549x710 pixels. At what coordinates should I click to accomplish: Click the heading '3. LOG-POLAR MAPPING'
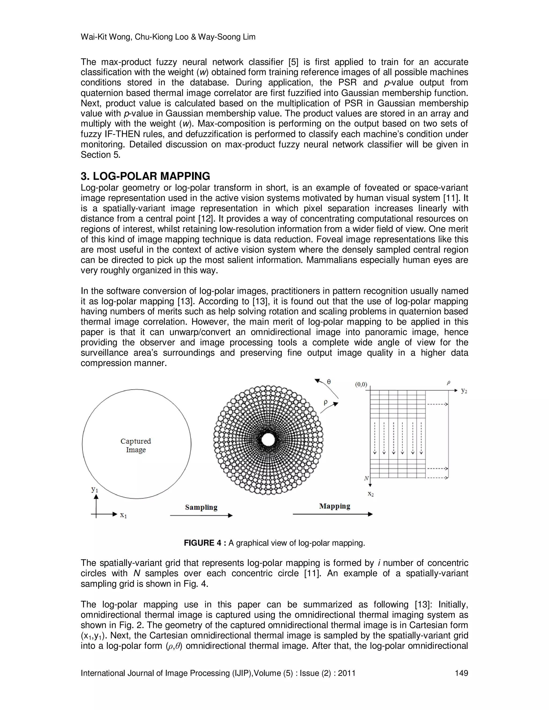coord(145,176)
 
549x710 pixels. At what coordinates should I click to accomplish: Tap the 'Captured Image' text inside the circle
coord(136,445)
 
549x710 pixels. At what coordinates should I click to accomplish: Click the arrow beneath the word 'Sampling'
coord(201,515)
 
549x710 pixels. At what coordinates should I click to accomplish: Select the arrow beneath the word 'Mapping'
coord(332,514)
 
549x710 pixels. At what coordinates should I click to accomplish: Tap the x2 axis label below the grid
coord(370,494)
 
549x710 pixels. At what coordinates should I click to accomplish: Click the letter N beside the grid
coord(366,478)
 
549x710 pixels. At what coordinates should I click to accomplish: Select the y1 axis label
coord(95,489)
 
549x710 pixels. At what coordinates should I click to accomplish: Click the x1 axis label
coord(123,515)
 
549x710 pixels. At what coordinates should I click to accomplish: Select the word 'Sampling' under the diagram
coord(201,507)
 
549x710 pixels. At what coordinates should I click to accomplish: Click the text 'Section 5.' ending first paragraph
coord(101,155)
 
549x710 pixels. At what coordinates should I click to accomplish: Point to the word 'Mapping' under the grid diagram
coord(334,506)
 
